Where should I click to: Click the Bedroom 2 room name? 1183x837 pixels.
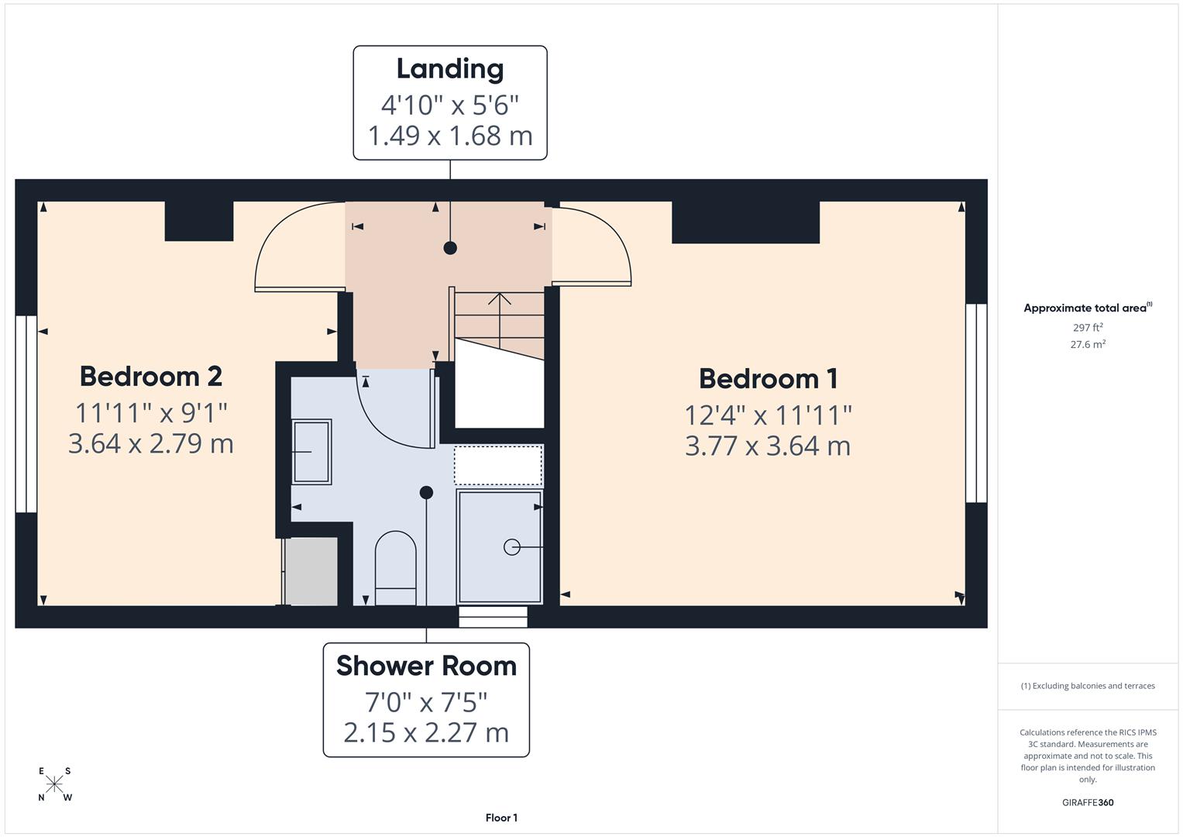coord(151,377)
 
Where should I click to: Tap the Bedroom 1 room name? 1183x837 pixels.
coord(768,379)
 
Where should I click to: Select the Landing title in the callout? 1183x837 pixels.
coord(450,69)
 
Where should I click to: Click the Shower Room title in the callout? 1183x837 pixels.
coord(426,666)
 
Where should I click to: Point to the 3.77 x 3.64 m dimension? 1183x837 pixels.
coord(768,446)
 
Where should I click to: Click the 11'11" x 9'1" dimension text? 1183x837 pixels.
coord(151,412)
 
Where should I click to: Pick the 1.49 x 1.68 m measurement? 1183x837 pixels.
coord(450,136)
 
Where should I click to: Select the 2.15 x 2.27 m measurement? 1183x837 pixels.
coord(426,732)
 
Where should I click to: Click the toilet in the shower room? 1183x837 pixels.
coord(395,566)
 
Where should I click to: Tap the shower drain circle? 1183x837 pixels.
coord(511,547)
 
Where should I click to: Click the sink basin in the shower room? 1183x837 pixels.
coord(311,452)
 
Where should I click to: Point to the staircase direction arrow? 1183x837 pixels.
coord(500,318)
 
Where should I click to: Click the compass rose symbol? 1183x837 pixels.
coord(54,784)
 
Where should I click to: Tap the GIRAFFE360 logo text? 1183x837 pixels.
coord(1088,803)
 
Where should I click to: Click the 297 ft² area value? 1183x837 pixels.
coord(1088,328)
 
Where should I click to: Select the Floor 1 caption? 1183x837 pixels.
coord(501,818)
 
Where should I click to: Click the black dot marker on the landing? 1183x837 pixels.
coord(450,248)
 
